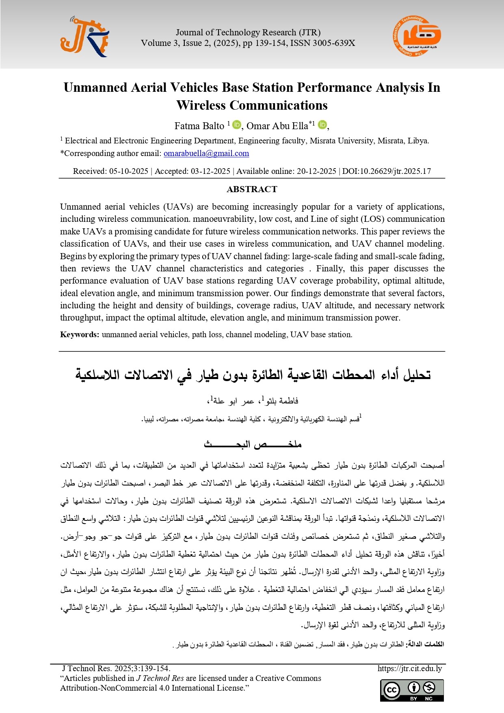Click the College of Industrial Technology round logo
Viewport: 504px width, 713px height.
point(417,37)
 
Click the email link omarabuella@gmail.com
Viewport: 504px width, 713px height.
point(206,154)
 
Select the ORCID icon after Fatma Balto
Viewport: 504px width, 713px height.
point(237,125)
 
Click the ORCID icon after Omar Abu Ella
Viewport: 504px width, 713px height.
point(322,125)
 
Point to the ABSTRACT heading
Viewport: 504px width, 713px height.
point(252,189)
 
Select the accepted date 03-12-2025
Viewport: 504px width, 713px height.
point(210,171)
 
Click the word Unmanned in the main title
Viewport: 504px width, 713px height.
point(95,88)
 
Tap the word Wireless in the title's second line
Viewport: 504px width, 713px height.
point(201,106)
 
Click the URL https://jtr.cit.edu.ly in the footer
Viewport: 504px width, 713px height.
point(409,668)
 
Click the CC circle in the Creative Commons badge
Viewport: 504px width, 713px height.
point(392,690)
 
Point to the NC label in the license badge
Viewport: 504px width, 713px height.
point(428,699)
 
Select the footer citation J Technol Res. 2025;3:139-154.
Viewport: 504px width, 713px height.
point(116,668)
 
